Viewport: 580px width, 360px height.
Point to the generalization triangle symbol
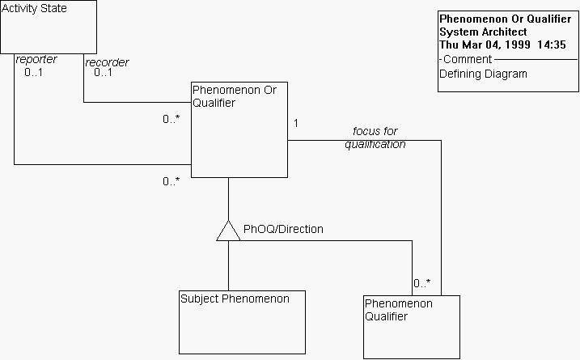coord(228,231)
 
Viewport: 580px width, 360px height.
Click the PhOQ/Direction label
coord(283,230)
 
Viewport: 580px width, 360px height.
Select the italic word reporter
coord(36,60)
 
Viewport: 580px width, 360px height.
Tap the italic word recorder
coord(107,62)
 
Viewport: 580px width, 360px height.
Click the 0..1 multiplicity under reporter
coord(34,72)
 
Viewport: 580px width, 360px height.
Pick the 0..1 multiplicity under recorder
coord(103,73)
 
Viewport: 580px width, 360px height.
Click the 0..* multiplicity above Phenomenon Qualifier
coord(422,284)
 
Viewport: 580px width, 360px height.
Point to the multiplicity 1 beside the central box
coord(296,124)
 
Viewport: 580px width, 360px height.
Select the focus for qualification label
coord(375,138)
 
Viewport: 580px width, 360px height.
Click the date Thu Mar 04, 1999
coord(485,45)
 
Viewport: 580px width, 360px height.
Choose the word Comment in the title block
coord(468,59)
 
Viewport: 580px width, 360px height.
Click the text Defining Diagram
coord(483,74)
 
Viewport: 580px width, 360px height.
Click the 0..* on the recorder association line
coord(171,120)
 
